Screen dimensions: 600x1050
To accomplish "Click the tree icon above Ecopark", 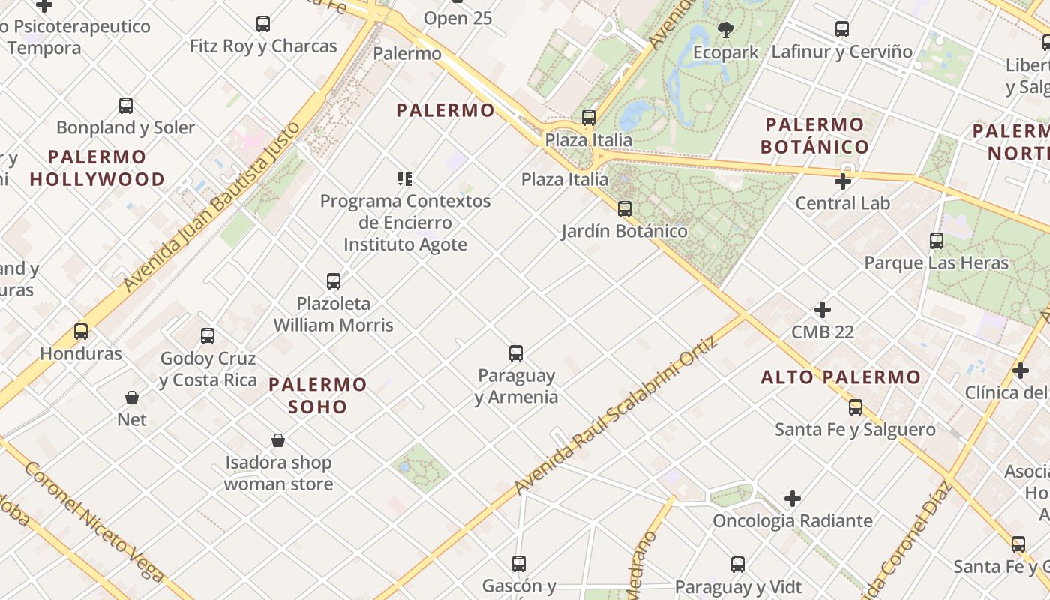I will coord(725,30).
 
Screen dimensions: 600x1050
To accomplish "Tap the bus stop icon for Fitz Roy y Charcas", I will coord(263,24).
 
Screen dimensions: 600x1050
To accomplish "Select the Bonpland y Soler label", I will coord(125,127).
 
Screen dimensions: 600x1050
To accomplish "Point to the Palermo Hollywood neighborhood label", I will coord(97,168).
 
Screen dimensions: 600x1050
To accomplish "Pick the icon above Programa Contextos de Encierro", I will coord(405,179).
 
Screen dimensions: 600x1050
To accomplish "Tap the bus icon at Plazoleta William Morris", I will coord(334,281).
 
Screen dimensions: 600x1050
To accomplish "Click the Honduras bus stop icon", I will coord(81,331).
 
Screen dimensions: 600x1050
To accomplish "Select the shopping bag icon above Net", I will coord(132,397).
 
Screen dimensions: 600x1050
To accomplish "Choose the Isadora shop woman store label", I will coord(278,473).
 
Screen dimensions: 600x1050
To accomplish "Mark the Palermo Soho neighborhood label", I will coord(318,395).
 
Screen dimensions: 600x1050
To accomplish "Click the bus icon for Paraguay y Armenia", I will coord(516,353).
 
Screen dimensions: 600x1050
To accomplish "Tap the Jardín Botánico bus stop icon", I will coord(625,209).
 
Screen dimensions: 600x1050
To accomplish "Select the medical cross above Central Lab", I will coord(843,181).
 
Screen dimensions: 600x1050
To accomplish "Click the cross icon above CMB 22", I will coord(823,310).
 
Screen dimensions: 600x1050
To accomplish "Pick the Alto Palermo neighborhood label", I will coord(841,377).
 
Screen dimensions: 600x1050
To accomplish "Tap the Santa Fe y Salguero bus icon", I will coord(856,407).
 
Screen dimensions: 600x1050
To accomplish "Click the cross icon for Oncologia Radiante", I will coord(793,499).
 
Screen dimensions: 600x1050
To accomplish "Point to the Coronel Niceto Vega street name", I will coord(94,522).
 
